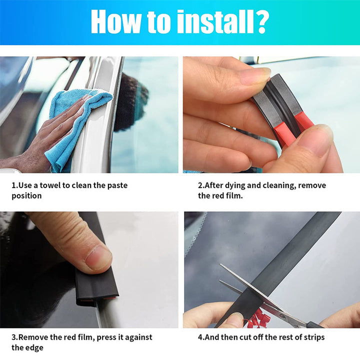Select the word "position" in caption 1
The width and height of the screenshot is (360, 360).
tap(26, 195)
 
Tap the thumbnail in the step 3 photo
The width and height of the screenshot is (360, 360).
tap(97, 257)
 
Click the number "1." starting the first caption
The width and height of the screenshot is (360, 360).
tap(14, 185)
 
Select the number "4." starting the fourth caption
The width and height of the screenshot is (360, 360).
tap(201, 337)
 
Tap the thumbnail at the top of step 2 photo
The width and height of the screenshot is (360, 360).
tap(254, 75)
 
